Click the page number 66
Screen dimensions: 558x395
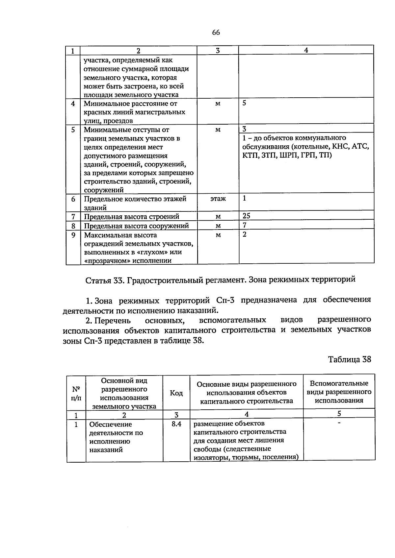(x=216, y=33)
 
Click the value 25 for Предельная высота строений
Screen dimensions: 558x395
(x=246, y=216)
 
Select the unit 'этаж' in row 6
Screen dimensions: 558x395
(x=218, y=199)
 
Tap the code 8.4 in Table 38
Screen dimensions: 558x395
(x=176, y=424)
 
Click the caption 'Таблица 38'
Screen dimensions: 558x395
(x=350, y=359)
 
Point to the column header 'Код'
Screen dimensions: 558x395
(x=176, y=393)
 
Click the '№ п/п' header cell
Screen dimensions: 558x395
(x=76, y=393)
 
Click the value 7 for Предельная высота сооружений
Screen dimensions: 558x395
(x=245, y=225)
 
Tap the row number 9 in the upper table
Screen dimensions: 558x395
(x=73, y=235)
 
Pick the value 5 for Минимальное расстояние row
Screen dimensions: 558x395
(x=244, y=103)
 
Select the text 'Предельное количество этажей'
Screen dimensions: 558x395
(x=135, y=199)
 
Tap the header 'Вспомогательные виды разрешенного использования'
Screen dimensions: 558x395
(x=339, y=392)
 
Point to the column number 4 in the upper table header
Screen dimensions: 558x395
(x=306, y=50)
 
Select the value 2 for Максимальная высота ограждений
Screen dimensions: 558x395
(x=245, y=234)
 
